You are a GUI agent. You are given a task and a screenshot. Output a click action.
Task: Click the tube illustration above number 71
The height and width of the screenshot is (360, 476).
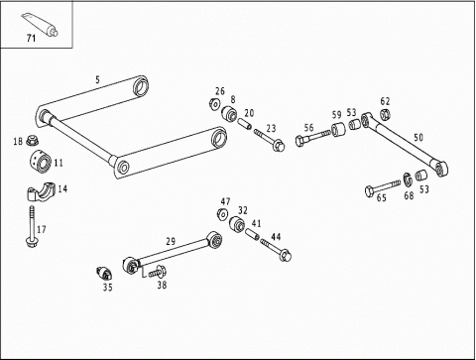(40, 24)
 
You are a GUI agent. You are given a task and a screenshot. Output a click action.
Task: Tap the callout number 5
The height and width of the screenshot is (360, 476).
(97, 79)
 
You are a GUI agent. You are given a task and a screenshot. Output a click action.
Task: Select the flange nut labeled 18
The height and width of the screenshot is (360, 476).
(32, 140)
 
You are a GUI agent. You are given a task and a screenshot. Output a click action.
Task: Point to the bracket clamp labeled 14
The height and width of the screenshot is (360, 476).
(40, 190)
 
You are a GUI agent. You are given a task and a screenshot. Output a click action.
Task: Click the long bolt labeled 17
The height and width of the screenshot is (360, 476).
(32, 227)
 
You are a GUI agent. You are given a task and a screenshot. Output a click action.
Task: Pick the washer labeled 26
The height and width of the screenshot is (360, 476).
(214, 104)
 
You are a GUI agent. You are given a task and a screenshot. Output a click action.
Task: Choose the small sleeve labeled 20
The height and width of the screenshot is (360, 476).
(245, 125)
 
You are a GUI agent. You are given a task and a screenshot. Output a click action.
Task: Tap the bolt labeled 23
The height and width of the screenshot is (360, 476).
(270, 140)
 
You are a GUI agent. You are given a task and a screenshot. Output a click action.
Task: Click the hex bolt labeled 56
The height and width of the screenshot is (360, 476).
(312, 138)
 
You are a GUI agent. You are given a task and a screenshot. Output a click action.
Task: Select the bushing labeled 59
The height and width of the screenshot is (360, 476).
(338, 129)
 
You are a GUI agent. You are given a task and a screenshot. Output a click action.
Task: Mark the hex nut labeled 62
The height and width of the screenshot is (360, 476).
(385, 114)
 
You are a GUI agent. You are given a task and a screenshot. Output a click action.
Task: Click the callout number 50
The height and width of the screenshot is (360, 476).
(418, 137)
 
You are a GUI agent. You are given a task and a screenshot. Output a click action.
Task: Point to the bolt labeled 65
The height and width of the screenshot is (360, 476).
(383, 187)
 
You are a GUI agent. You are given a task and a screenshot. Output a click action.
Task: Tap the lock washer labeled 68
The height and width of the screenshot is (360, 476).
(408, 180)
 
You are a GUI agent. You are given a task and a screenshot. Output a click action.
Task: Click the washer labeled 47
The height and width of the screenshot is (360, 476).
(223, 214)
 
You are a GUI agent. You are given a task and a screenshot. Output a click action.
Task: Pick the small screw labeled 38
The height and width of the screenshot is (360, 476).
(158, 272)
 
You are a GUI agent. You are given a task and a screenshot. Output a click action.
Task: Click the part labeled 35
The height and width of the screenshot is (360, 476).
(104, 273)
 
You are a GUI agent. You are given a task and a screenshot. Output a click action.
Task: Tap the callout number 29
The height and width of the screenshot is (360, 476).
(171, 242)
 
